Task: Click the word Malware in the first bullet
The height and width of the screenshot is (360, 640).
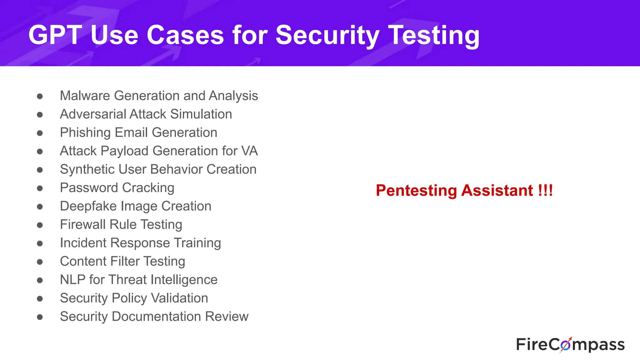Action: point(85,96)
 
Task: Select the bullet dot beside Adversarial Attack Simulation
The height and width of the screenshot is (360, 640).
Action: point(40,115)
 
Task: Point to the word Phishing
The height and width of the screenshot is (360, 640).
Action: point(85,133)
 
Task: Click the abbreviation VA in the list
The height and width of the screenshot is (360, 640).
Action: point(249,151)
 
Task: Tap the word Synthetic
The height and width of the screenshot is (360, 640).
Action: point(87,169)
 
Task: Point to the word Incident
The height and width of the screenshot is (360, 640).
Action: point(83,243)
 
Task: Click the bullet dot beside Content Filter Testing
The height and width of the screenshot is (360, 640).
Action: point(40,262)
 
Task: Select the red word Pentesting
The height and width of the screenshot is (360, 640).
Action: point(416,191)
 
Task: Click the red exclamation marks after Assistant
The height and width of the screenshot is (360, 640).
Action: point(545,190)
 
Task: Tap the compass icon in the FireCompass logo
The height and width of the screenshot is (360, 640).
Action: point(565,345)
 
